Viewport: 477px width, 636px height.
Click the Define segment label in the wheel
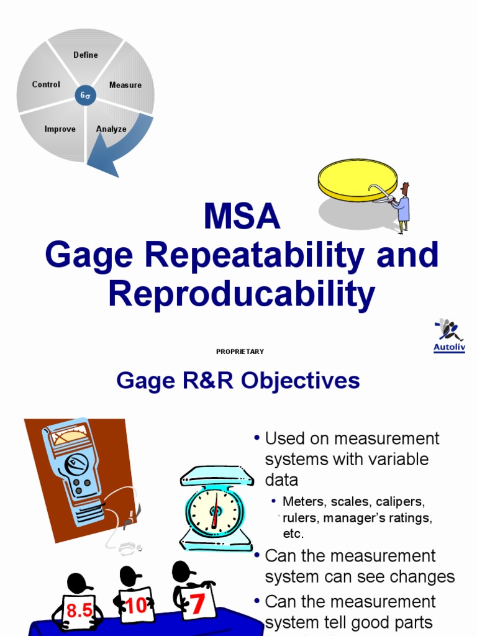click(x=86, y=55)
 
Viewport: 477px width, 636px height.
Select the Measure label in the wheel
click(x=125, y=85)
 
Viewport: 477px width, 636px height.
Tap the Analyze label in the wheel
click(x=111, y=129)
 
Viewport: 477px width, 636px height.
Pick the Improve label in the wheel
click(x=60, y=129)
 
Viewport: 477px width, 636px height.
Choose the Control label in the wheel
click(x=46, y=84)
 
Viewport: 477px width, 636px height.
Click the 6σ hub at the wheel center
click(x=86, y=96)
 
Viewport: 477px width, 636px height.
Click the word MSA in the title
click(x=242, y=217)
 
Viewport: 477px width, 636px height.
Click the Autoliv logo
click(x=448, y=336)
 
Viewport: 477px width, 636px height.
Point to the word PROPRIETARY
click(x=240, y=352)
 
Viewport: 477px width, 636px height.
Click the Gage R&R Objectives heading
click(x=238, y=381)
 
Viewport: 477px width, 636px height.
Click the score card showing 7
click(x=198, y=602)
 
